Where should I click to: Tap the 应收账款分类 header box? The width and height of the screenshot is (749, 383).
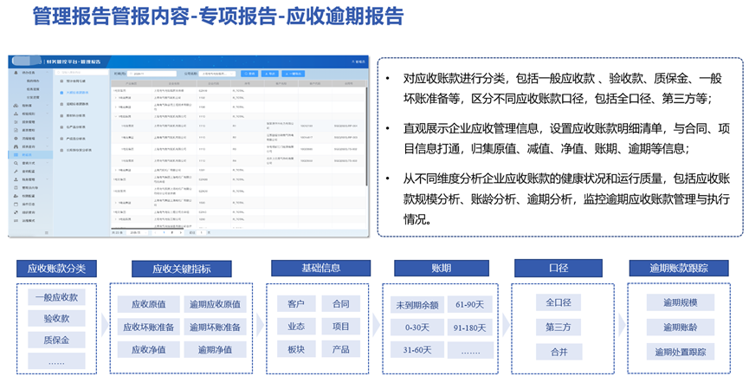(x=56, y=268)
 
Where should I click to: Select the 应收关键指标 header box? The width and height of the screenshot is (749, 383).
(x=181, y=268)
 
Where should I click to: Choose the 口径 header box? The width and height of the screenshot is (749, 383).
(x=558, y=268)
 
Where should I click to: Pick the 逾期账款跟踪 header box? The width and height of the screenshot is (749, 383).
(x=679, y=268)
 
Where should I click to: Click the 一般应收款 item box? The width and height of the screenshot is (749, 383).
(x=56, y=297)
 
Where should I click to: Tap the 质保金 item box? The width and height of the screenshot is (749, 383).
(x=56, y=340)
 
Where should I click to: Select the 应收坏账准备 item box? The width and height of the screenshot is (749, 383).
(x=146, y=327)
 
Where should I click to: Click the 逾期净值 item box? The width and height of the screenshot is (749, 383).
(x=215, y=350)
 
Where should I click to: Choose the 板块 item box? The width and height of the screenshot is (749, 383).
(x=296, y=349)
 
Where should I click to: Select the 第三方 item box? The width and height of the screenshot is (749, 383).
(x=558, y=327)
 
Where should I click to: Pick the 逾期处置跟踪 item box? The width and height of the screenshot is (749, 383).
(x=680, y=352)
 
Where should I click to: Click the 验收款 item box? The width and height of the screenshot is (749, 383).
(x=56, y=319)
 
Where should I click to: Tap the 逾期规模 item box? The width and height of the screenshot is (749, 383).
(x=680, y=302)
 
